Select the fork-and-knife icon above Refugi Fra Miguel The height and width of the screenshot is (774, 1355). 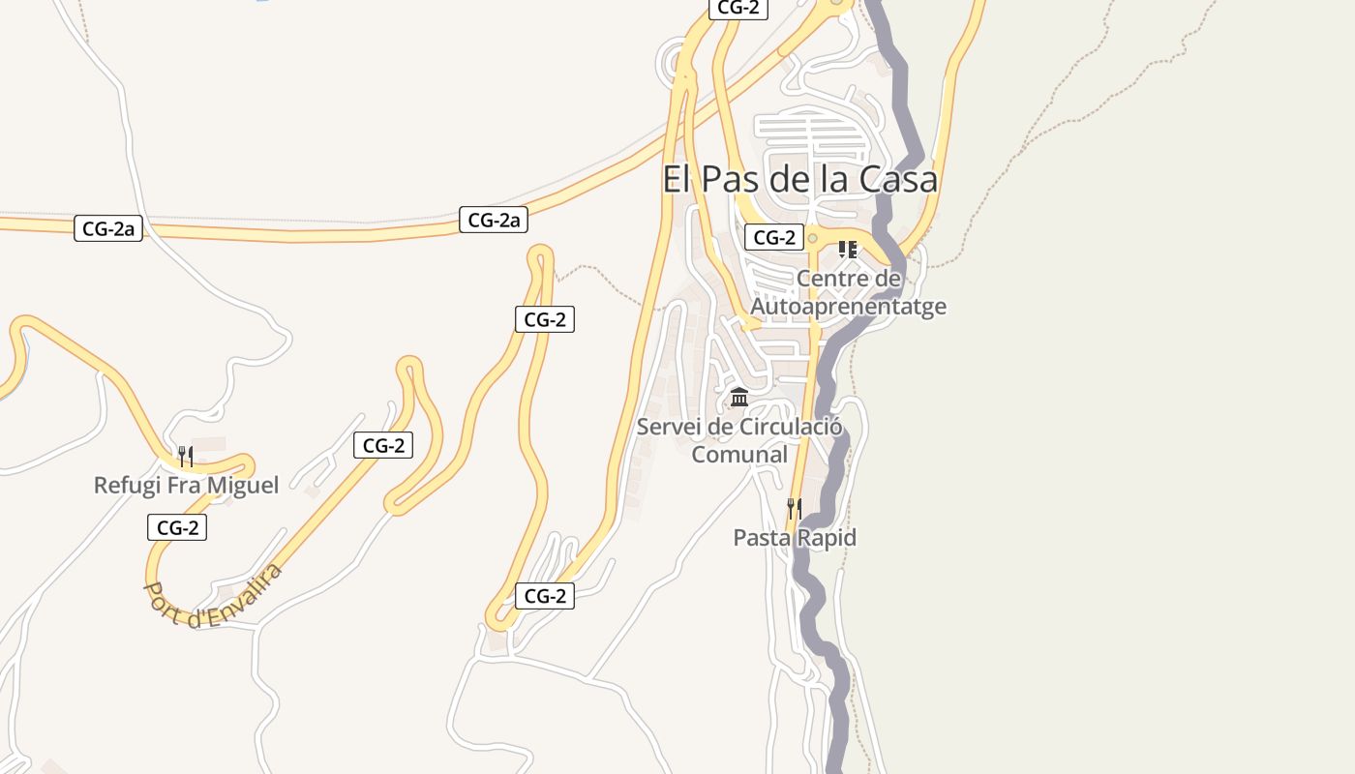tap(186, 457)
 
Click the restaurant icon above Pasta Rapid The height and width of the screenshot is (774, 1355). tap(795, 509)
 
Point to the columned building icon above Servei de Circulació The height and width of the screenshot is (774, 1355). tap(739, 398)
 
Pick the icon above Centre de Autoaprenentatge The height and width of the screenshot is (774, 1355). tap(848, 250)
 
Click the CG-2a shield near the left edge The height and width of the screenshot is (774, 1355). tap(108, 229)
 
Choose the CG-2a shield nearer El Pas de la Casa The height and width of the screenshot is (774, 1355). tap(494, 221)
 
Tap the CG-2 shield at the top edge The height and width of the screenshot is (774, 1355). tap(738, 8)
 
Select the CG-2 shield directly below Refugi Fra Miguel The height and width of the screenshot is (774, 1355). tap(177, 527)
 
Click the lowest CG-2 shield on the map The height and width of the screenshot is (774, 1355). tap(545, 596)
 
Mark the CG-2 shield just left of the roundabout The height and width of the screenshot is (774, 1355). tap(774, 237)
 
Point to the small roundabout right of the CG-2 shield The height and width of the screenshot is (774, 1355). tap(813, 238)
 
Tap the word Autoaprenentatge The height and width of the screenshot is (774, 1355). tap(849, 307)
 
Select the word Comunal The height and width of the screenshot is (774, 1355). tap(739, 454)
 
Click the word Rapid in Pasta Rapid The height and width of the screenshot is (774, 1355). tap(826, 538)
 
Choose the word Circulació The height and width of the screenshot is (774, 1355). tap(791, 427)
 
